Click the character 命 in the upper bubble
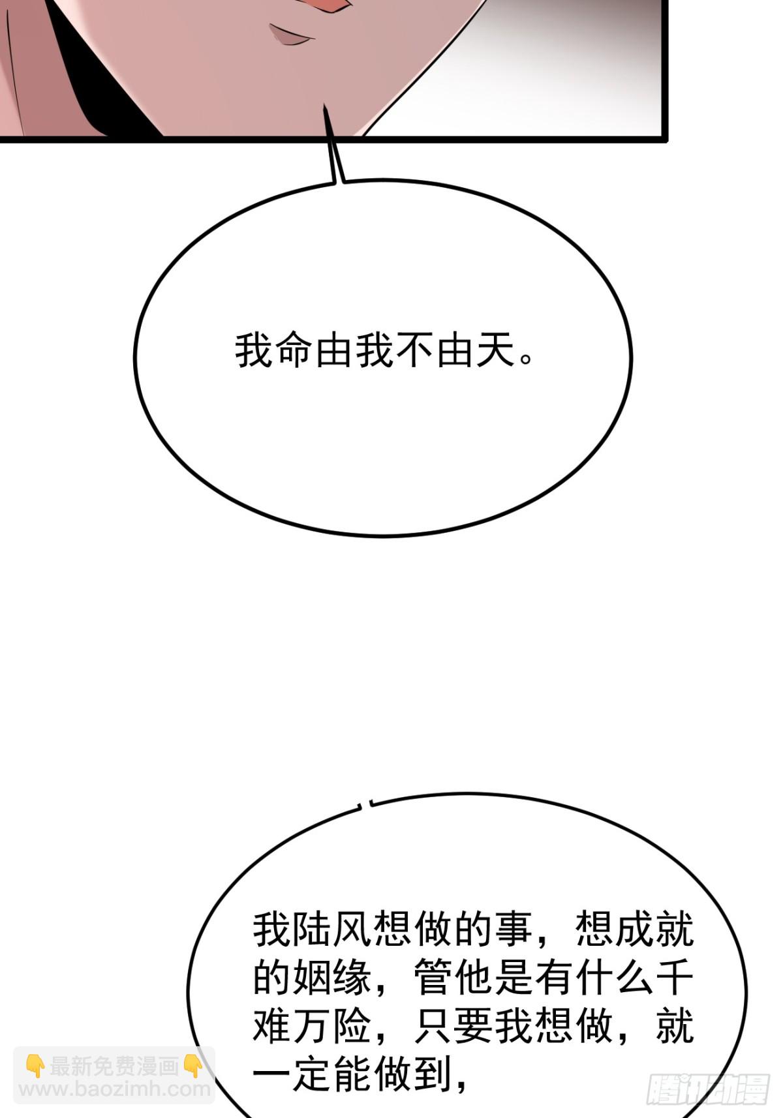[295, 352]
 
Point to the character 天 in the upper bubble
[495, 352]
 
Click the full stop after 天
[526, 360]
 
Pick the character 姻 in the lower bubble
[313, 976]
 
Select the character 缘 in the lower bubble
[352, 976]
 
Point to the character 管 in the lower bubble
[433, 976]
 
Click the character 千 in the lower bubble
[675, 976]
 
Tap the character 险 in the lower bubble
[352, 1025]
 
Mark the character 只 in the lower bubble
[433, 1025]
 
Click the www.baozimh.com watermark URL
[114, 1090]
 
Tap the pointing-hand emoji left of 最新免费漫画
[35, 1066]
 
